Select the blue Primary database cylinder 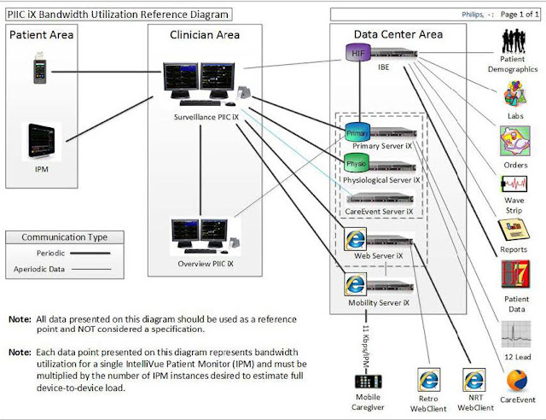(x=357, y=133)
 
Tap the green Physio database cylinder (x=357, y=164)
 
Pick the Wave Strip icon (x=516, y=187)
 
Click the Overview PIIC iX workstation (x=201, y=236)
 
